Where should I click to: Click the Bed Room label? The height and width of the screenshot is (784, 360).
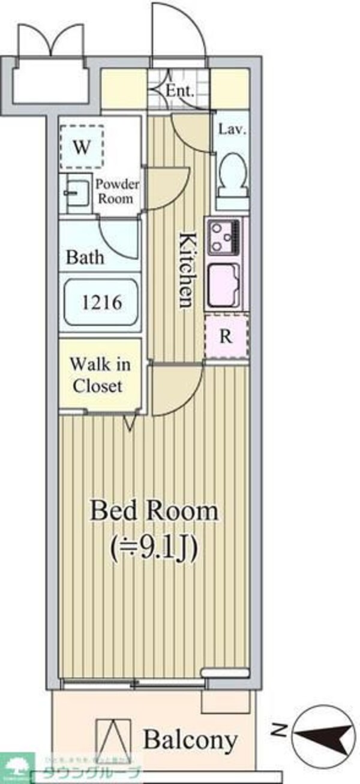click(x=154, y=512)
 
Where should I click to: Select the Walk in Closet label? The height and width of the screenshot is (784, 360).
click(x=100, y=375)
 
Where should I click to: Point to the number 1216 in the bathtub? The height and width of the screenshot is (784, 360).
click(x=102, y=302)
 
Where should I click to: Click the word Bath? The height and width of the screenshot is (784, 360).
click(x=85, y=258)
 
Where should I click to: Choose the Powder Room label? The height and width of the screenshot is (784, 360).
click(x=118, y=191)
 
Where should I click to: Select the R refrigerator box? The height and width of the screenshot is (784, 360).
click(x=226, y=337)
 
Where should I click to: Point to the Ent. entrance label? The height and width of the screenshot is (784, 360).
click(x=179, y=92)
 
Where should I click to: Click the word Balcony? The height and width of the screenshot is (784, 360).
click(x=190, y=740)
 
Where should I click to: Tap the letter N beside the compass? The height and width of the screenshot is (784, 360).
click(x=278, y=731)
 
